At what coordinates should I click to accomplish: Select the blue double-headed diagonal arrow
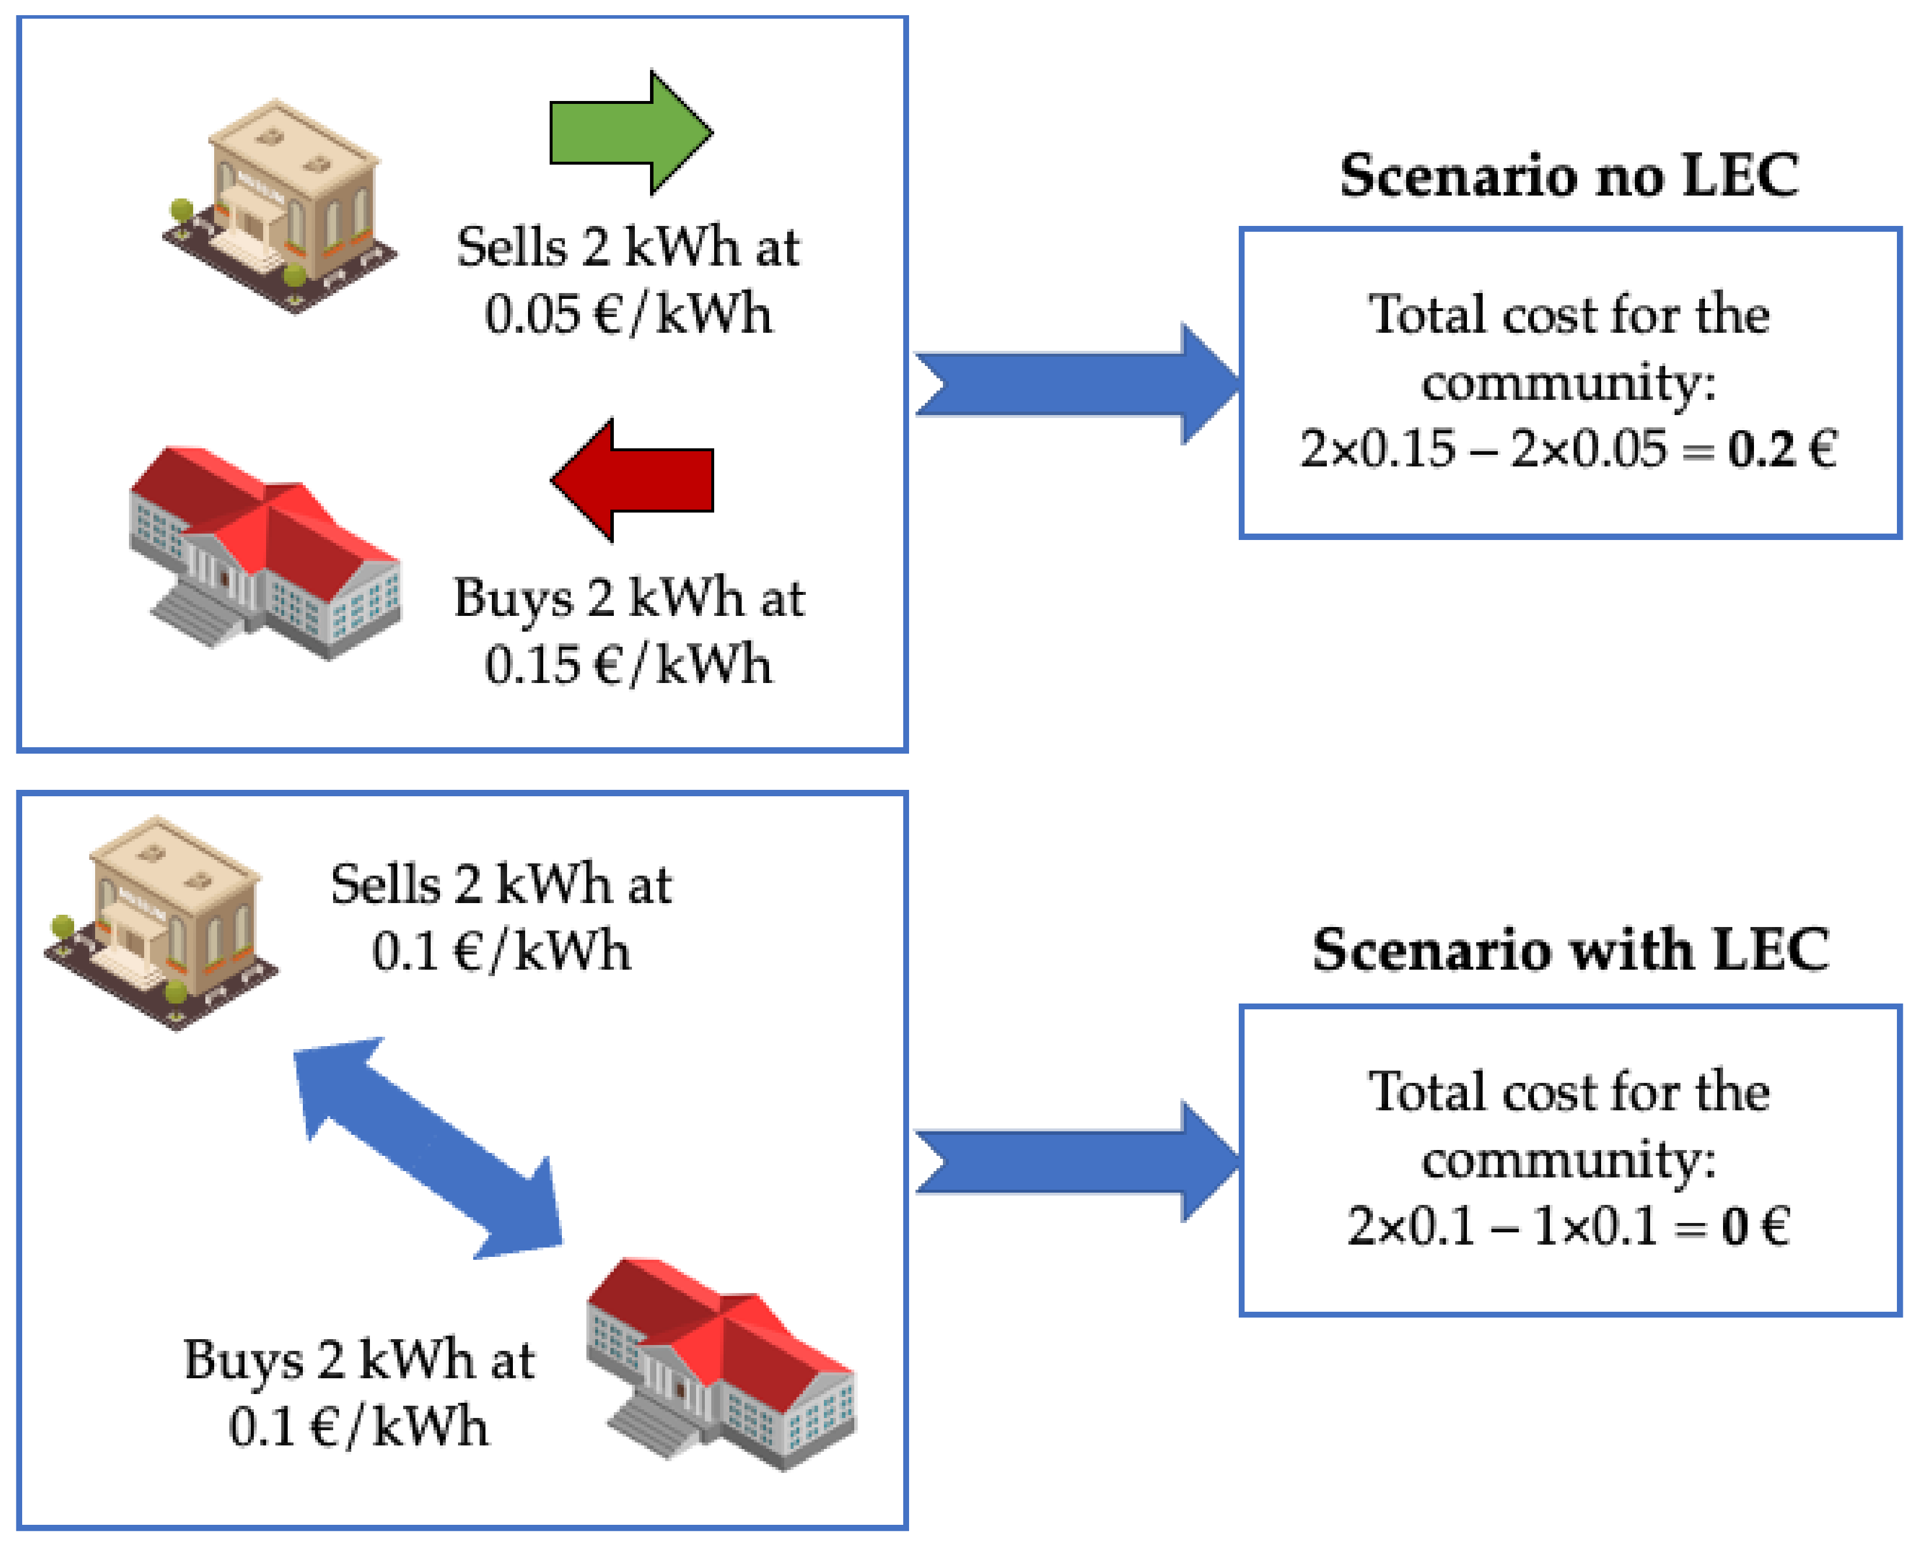click(x=428, y=1148)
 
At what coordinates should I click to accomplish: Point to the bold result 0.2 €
click(x=1781, y=448)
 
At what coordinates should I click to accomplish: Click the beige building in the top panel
click(x=279, y=206)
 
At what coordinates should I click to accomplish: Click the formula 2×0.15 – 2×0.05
click(x=1483, y=448)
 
